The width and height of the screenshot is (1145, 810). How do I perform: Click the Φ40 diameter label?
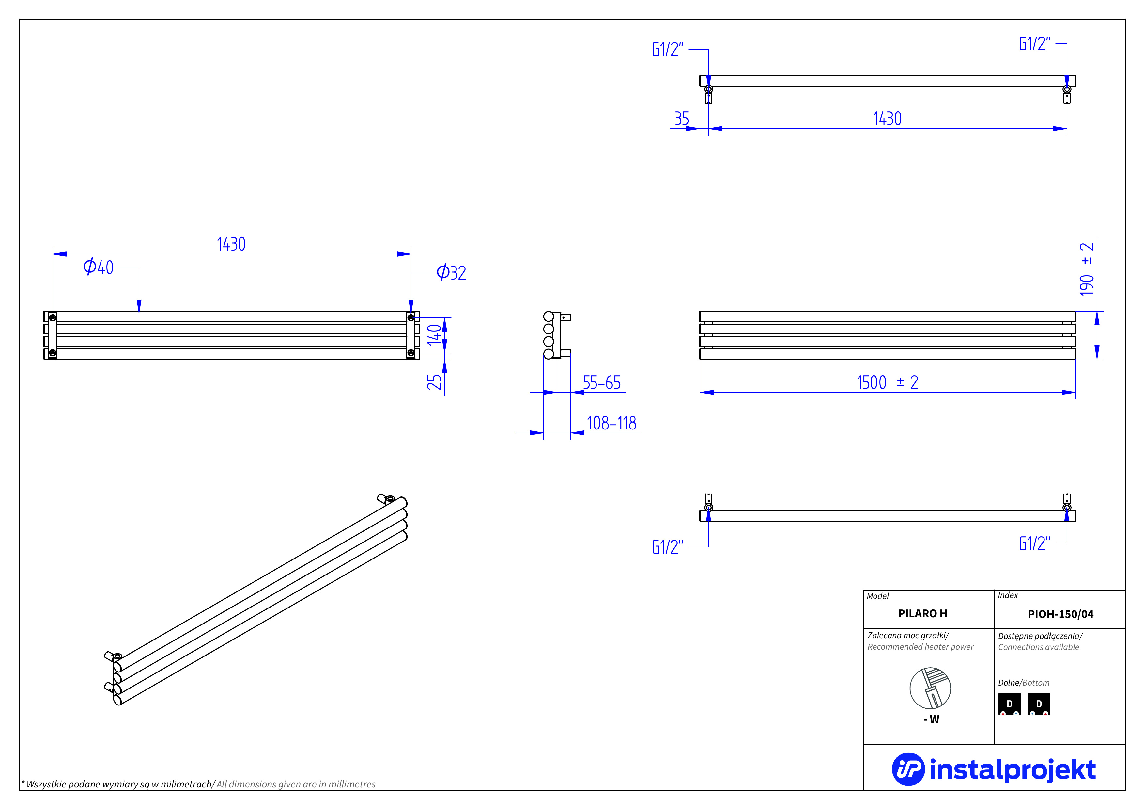98,267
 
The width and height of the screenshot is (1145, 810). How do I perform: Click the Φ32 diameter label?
451,272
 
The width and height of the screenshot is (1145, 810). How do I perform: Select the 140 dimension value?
434,334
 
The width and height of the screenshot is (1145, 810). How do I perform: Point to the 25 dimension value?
434,382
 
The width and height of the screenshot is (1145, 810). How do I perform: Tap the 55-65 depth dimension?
601,383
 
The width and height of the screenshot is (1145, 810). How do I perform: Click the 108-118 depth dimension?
611,423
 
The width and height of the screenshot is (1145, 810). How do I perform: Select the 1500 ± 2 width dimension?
887,383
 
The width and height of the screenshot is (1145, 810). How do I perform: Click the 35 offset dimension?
681,119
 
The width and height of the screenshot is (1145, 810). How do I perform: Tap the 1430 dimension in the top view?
887,119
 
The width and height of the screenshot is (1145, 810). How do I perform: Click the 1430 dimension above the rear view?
231,244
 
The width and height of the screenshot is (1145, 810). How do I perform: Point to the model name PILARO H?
922,613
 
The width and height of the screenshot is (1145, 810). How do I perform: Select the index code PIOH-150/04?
1060,614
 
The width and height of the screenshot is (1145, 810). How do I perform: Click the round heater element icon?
930,688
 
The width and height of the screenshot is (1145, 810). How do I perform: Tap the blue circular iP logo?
908,769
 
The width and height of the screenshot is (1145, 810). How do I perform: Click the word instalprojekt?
1012,769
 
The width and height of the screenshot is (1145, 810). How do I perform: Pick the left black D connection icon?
1009,704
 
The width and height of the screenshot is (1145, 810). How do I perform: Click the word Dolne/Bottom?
1023,683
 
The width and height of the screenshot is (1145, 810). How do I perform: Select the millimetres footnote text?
198,784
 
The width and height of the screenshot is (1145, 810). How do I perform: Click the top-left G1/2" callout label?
667,49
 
